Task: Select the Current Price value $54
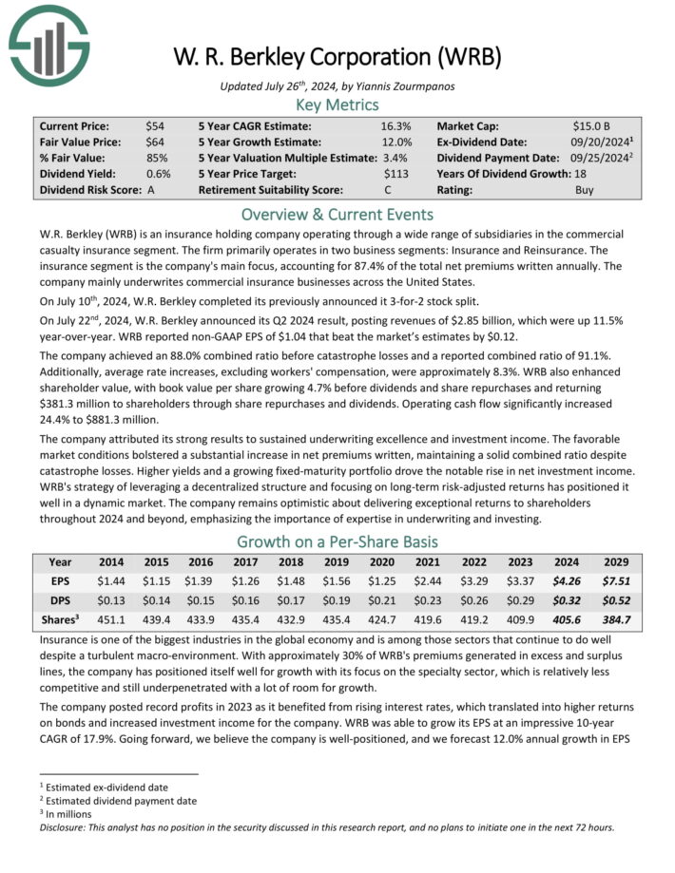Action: pyautogui.click(x=154, y=125)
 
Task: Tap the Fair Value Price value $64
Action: pyautogui.click(x=154, y=142)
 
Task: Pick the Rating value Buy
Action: pyautogui.click(x=587, y=190)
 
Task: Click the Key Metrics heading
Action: pyautogui.click(x=337, y=104)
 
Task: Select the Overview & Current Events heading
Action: pyautogui.click(x=337, y=214)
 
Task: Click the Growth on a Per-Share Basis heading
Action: pyautogui.click(x=337, y=542)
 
